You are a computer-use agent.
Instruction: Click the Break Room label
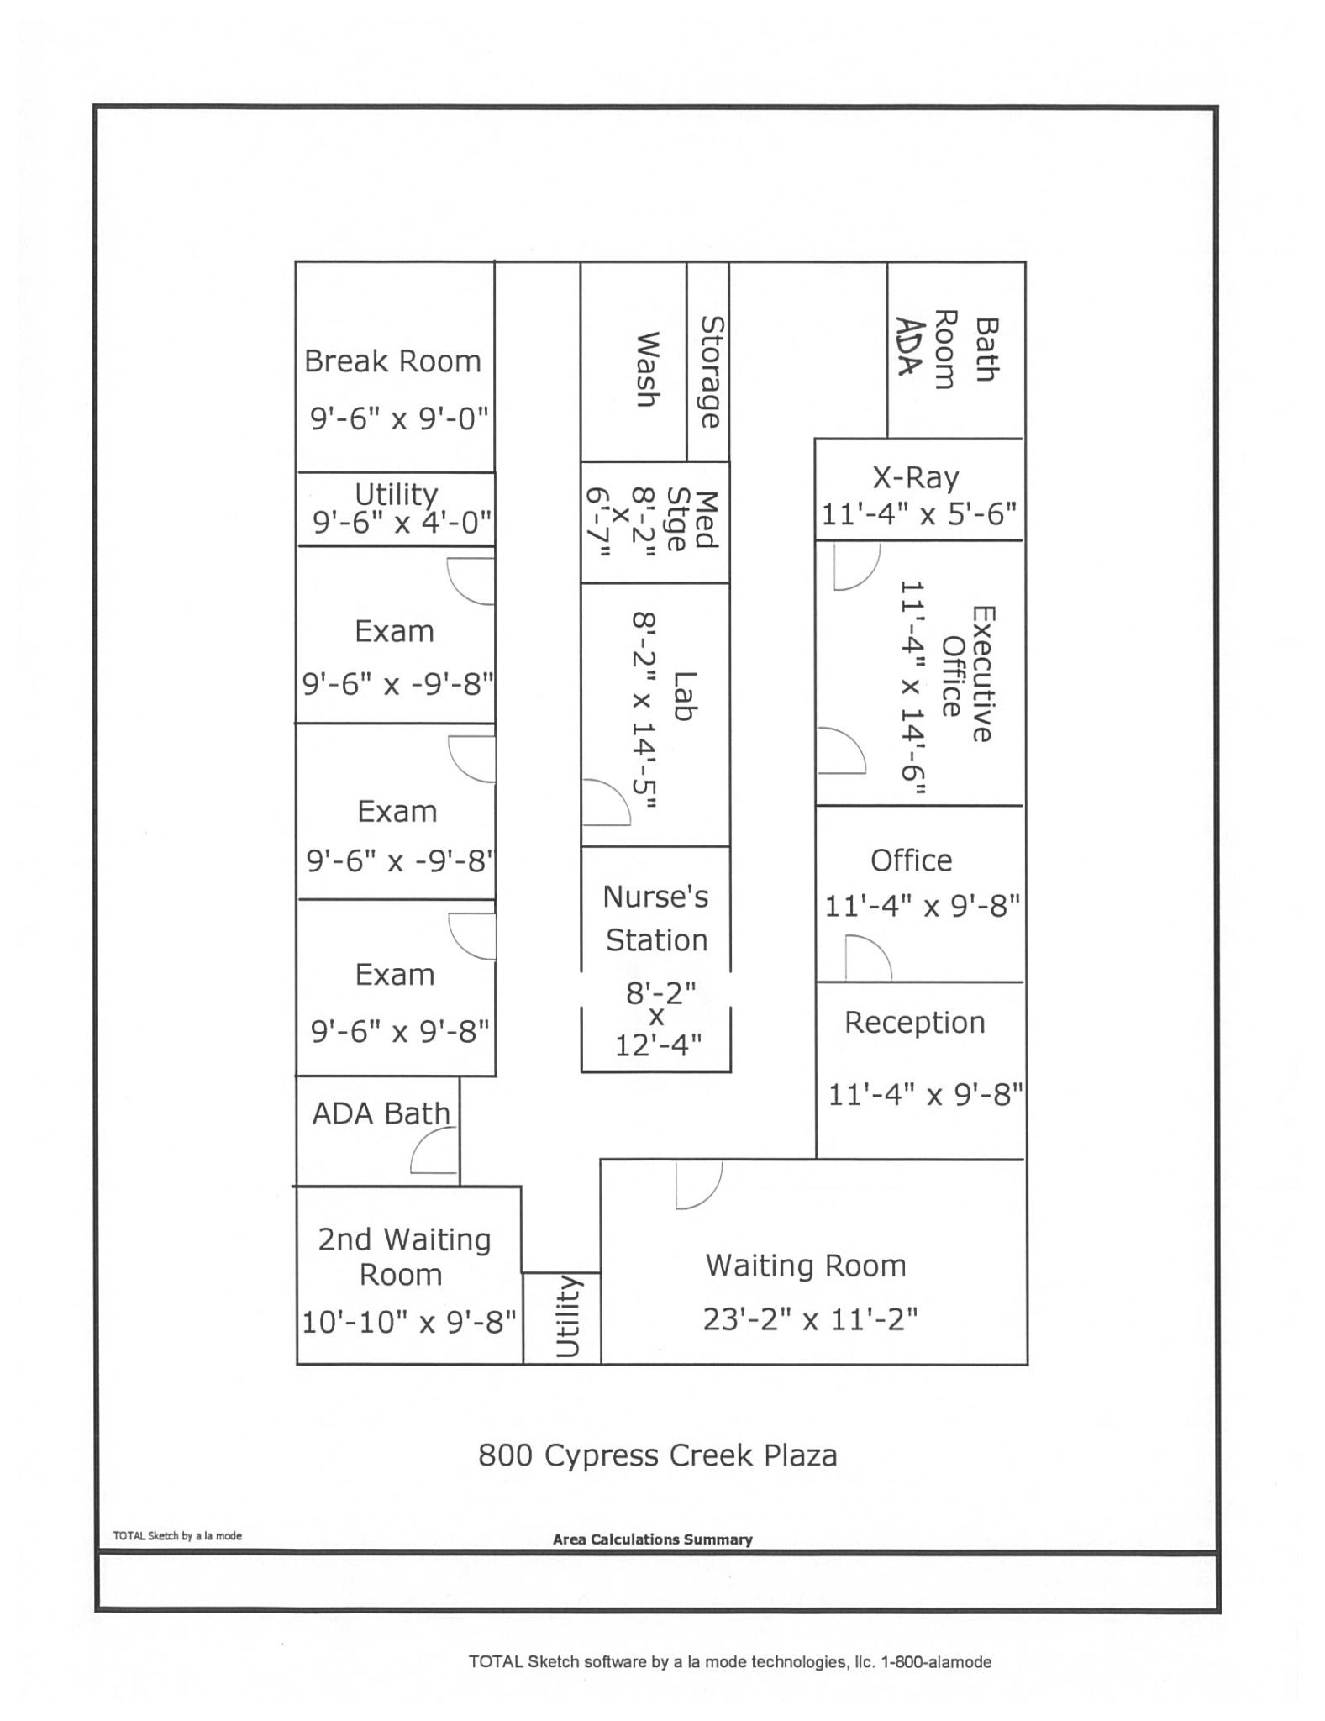point(392,361)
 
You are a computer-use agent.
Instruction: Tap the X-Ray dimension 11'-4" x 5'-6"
point(919,513)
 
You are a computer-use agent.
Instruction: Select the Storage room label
point(711,372)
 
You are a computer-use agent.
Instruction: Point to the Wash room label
point(646,370)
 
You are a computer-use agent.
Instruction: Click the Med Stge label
point(691,521)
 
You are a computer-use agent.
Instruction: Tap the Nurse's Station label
point(656,918)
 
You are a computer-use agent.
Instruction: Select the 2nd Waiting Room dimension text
point(408,1322)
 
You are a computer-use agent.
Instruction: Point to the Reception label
point(914,1023)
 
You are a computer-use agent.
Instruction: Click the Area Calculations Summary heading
point(652,1540)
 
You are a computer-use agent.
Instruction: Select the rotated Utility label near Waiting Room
point(568,1316)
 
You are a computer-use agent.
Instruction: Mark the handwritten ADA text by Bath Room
point(907,346)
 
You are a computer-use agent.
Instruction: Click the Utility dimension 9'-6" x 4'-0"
point(402,524)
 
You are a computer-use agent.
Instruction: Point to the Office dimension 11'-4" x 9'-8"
point(923,907)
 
